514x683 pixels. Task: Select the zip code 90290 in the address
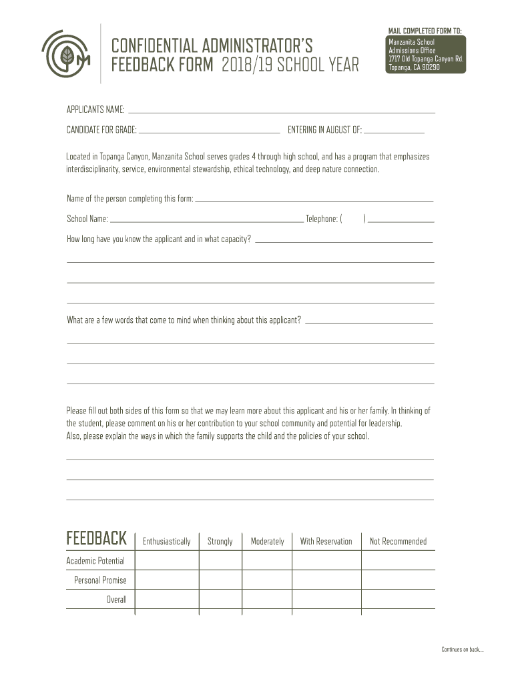coord(428,67)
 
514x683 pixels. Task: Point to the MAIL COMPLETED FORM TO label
coord(425,31)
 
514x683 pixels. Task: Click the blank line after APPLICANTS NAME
coord(280,110)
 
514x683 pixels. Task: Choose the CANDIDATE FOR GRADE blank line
coord(209,129)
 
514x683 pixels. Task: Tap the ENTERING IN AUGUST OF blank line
coord(394,129)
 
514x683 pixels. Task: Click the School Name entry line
coord(206,219)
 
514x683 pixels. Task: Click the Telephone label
coord(321,219)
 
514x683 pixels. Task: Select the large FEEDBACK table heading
coord(96,538)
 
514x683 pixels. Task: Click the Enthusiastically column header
coord(166,542)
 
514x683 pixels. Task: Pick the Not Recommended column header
coord(398,542)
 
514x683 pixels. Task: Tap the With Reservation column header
coord(326,542)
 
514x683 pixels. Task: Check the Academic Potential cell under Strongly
coord(220,560)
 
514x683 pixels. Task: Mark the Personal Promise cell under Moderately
coord(267,580)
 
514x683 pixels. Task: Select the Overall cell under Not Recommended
coord(398,599)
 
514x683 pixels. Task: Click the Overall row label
coord(116,600)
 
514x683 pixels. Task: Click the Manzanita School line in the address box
coord(411,43)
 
